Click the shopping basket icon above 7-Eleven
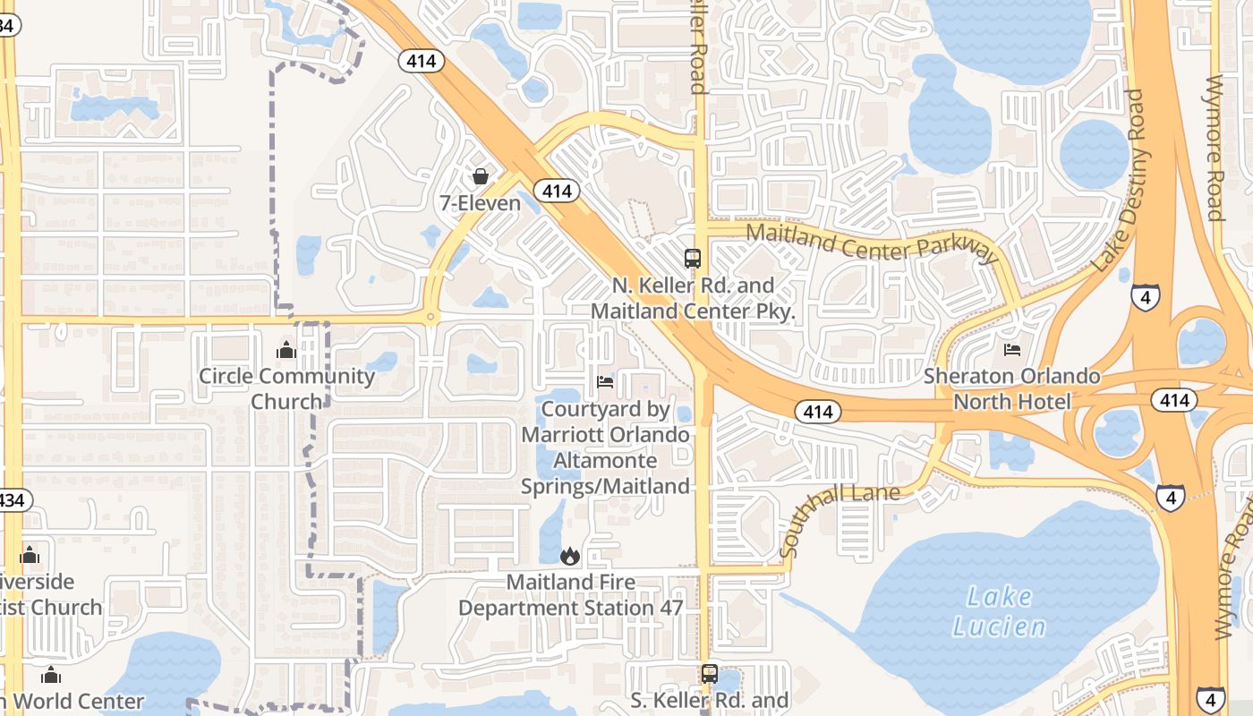(x=481, y=176)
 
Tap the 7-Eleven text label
(x=480, y=203)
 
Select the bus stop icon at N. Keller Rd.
(x=693, y=259)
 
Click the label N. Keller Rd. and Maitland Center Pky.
(x=693, y=298)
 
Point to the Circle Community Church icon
(x=286, y=350)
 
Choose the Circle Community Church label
(x=286, y=388)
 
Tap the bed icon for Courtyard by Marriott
(x=605, y=382)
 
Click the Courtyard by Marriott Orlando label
(x=606, y=447)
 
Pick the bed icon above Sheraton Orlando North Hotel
(x=1012, y=350)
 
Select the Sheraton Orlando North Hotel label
(x=1012, y=388)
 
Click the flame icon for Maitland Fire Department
(x=570, y=556)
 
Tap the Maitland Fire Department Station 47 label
(x=571, y=595)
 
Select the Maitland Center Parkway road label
(x=872, y=242)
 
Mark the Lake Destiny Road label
(x=1119, y=179)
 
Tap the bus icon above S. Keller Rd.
(x=710, y=673)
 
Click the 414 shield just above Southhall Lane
(x=817, y=412)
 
